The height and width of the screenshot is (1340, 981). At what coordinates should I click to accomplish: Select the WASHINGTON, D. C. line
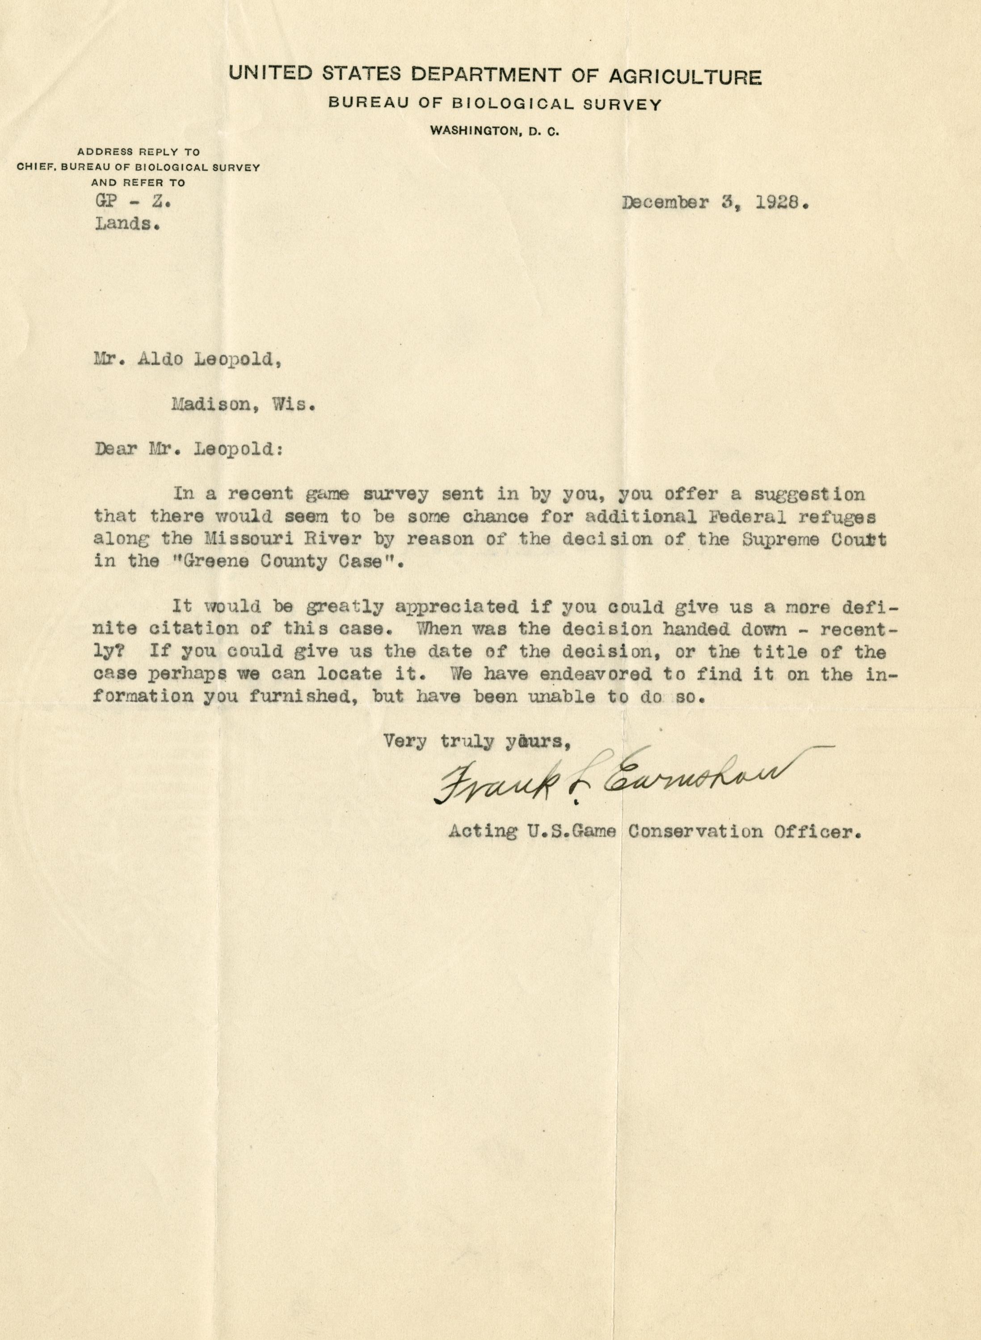(x=495, y=131)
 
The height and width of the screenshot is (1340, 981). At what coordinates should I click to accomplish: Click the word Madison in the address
(x=208, y=405)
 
